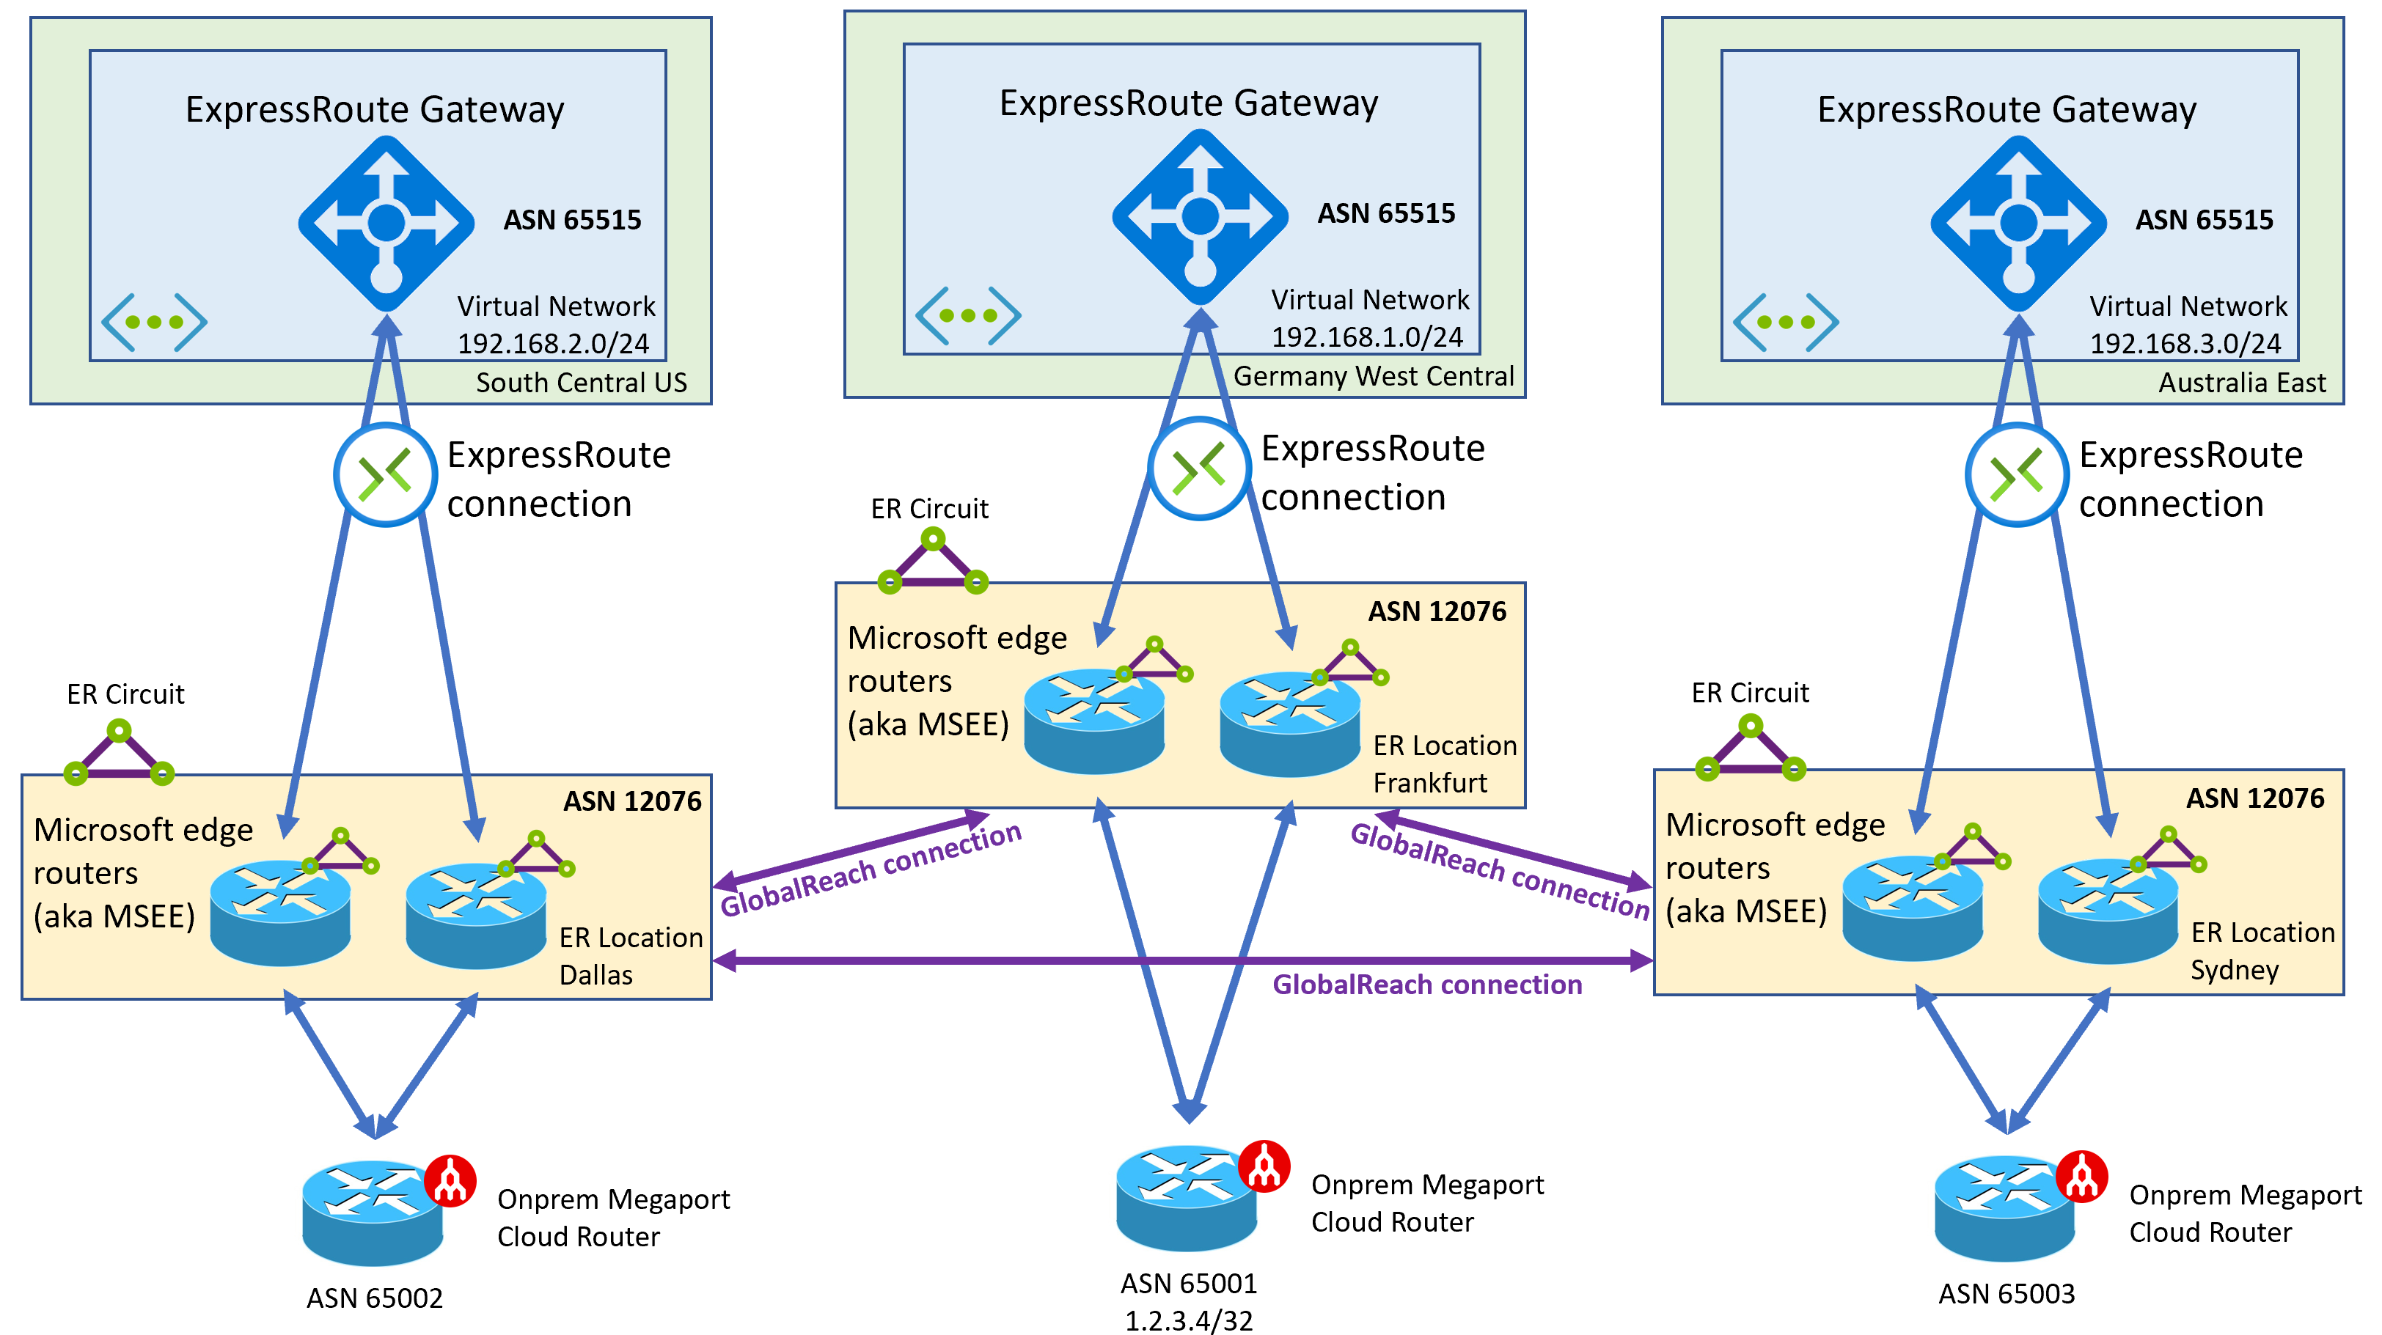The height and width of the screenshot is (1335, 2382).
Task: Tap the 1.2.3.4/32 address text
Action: pyautogui.click(x=1188, y=1320)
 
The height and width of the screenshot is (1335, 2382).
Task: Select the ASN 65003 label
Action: pyautogui.click(x=2006, y=1292)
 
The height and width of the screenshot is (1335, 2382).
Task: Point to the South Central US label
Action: pyautogui.click(x=581, y=383)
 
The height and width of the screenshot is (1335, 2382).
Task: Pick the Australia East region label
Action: pyautogui.click(x=2241, y=383)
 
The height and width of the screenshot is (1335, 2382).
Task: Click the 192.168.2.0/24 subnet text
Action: pyautogui.click(x=553, y=344)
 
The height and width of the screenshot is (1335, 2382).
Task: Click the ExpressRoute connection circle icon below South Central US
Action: pyautogui.click(x=385, y=475)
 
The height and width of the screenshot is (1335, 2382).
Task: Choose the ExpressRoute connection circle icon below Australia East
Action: pyautogui.click(x=2016, y=475)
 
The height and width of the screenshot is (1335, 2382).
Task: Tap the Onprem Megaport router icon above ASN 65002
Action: pyautogui.click(x=373, y=1212)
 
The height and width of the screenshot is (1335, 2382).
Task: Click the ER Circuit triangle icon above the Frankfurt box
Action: pyautogui.click(x=932, y=563)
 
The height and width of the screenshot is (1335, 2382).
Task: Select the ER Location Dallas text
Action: pyautogui.click(x=631, y=956)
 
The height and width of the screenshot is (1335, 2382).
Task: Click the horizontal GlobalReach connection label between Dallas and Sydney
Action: pyautogui.click(x=1427, y=985)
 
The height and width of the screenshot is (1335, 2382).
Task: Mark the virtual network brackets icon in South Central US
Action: pyautogui.click(x=153, y=322)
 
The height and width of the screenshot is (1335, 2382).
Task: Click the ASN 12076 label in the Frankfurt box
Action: pyautogui.click(x=1436, y=611)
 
